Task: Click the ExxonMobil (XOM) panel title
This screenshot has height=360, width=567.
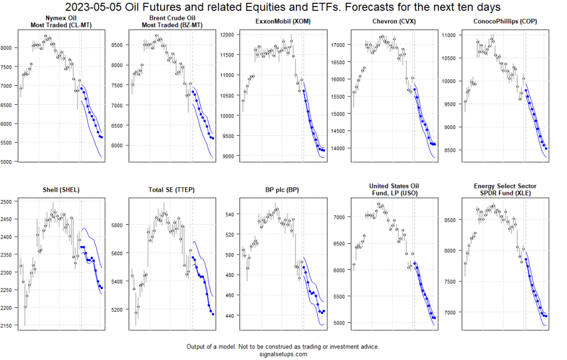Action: coord(283,22)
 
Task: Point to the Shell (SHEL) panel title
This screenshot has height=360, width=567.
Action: coord(60,189)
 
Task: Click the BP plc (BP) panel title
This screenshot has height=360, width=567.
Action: coord(283,189)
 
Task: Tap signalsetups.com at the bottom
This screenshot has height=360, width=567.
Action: coord(283,354)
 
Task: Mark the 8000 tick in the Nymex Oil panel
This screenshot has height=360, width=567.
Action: coord(8,48)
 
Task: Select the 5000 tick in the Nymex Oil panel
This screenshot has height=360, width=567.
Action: coord(8,162)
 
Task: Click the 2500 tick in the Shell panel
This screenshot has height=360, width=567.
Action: coord(8,202)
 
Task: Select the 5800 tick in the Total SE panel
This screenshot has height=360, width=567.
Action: coord(119,225)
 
